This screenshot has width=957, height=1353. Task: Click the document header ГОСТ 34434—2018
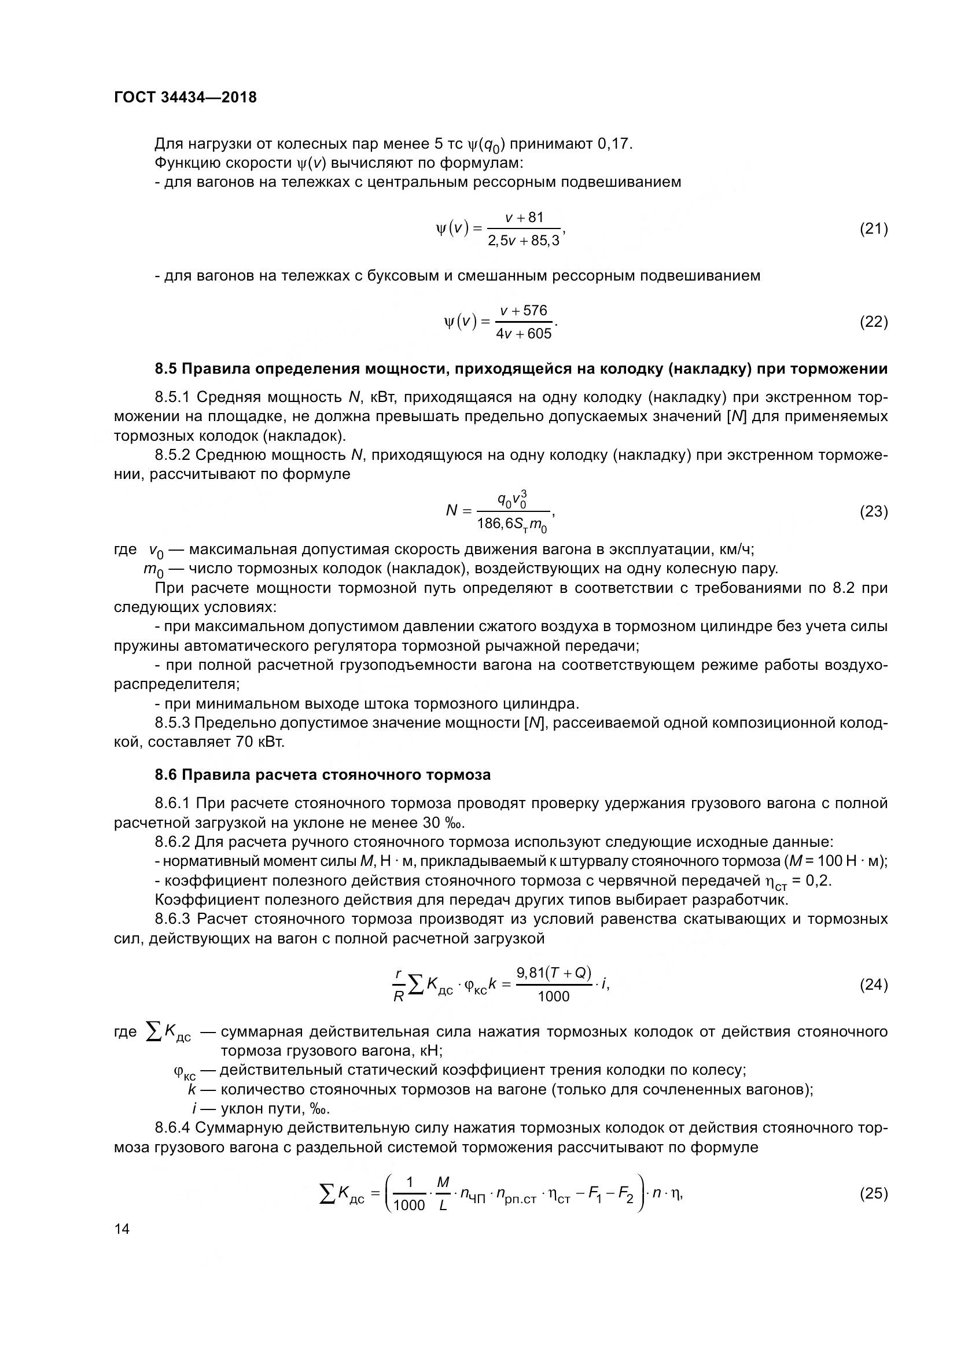pyautogui.click(x=185, y=97)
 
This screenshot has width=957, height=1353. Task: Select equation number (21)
pyautogui.click(x=873, y=228)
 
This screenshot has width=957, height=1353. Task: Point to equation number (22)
pyautogui.click(x=873, y=322)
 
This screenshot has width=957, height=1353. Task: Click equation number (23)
pyautogui.click(x=873, y=511)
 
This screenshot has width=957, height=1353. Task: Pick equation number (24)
pyautogui.click(x=873, y=985)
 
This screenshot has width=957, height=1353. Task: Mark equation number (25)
pyautogui.click(x=873, y=1193)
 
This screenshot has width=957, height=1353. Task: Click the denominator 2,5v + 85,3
pyautogui.click(x=524, y=241)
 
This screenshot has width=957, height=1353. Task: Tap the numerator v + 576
pyautogui.click(x=524, y=311)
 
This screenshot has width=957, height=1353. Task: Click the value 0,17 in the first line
pyautogui.click(x=614, y=144)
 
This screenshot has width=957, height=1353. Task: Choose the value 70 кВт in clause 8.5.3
pyautogui.click(x=260, y=742)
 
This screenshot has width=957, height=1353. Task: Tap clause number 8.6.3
pyautogui.click(x=173, y=919)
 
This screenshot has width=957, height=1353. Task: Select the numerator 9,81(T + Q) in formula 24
pyautogui.click(x=554, y=973)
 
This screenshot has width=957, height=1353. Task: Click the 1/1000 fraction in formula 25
pyautogui.click(x=409, y=1194)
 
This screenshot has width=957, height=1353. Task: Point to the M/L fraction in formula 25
pyautogui.click(x=444, y=1194)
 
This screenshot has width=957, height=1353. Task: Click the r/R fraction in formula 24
pyautogui.click(x=399, y=985)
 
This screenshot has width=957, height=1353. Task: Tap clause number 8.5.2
pyautogui.click(x=173, y=455)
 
